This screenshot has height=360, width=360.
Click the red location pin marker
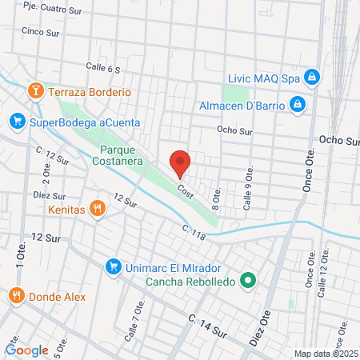click(x=181, y=163)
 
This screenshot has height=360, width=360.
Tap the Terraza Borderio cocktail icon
click(x=35, y=91)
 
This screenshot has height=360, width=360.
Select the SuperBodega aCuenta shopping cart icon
click(x=17, y=122)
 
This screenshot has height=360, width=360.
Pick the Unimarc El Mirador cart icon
click(x=113, y=266)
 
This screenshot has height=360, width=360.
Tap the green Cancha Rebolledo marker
click(x=248, y=280)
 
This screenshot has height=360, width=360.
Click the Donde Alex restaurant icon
click(x=16, y=296)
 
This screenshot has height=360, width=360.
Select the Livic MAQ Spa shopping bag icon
click(x=313, y=78)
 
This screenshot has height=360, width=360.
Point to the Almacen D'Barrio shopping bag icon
click(x=297, y=104)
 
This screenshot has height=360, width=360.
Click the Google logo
click(x=27, y=350)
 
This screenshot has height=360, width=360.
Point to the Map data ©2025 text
click(x=326, y=353)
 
